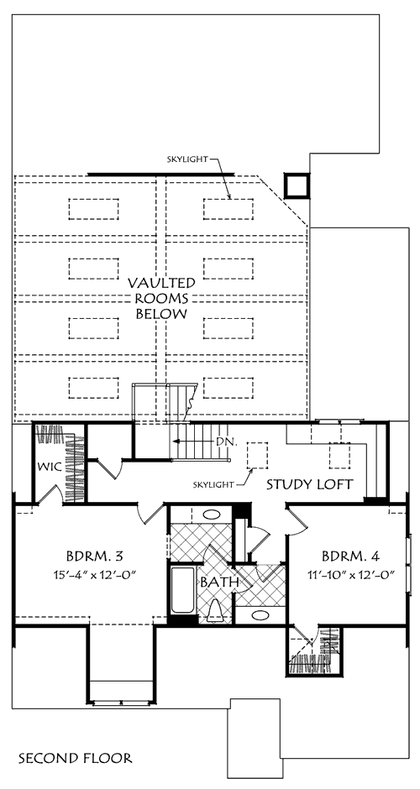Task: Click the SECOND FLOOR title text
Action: [76, 758]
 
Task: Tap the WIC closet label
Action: [50, 467]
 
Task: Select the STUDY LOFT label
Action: [310, 484]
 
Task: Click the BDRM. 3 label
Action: [95, 556]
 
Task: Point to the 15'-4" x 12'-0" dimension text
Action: [95, 573]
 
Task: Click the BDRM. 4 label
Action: [350, 556]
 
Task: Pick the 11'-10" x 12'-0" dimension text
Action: [351, 573]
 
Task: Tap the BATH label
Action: [219, 583]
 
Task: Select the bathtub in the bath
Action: [182, 591]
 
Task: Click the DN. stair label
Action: [226, 442]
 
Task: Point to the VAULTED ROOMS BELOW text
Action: [161, 298]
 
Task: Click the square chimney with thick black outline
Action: [297, 185]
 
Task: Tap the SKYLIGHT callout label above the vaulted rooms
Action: [186, 159]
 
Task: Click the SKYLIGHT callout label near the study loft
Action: [213, 484]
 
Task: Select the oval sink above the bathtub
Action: [212, 515]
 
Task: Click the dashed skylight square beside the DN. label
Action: [257, 456]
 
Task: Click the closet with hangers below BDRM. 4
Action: [315, 651]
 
